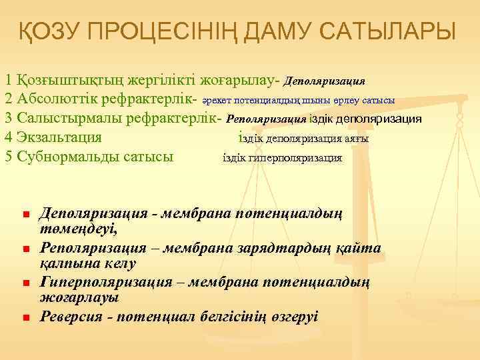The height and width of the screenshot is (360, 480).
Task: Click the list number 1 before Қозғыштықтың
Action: click(8, 80)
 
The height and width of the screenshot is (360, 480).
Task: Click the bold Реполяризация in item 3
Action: click(266, 119)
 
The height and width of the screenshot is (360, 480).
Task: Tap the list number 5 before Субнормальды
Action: click(8, 157)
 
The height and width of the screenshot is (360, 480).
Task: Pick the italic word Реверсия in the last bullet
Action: click(69, 316)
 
